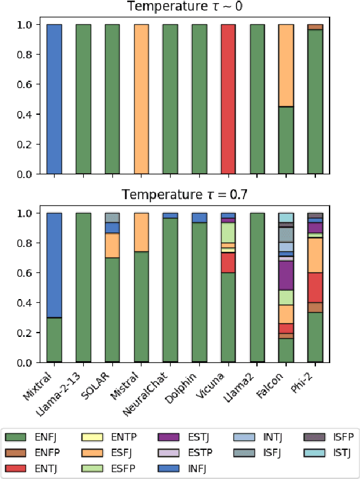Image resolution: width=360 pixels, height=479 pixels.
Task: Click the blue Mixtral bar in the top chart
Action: pos(54,99)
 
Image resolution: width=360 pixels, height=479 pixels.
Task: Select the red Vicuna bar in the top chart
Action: pos(228,99)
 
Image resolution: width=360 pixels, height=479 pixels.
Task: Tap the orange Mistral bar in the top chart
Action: pos(142,99)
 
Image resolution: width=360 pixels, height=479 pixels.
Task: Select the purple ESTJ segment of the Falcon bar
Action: pos(286,275)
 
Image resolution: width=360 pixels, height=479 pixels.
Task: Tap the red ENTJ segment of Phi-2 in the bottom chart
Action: pos(315,287)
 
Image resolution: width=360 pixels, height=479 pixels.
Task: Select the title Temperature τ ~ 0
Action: pos(184,7)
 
